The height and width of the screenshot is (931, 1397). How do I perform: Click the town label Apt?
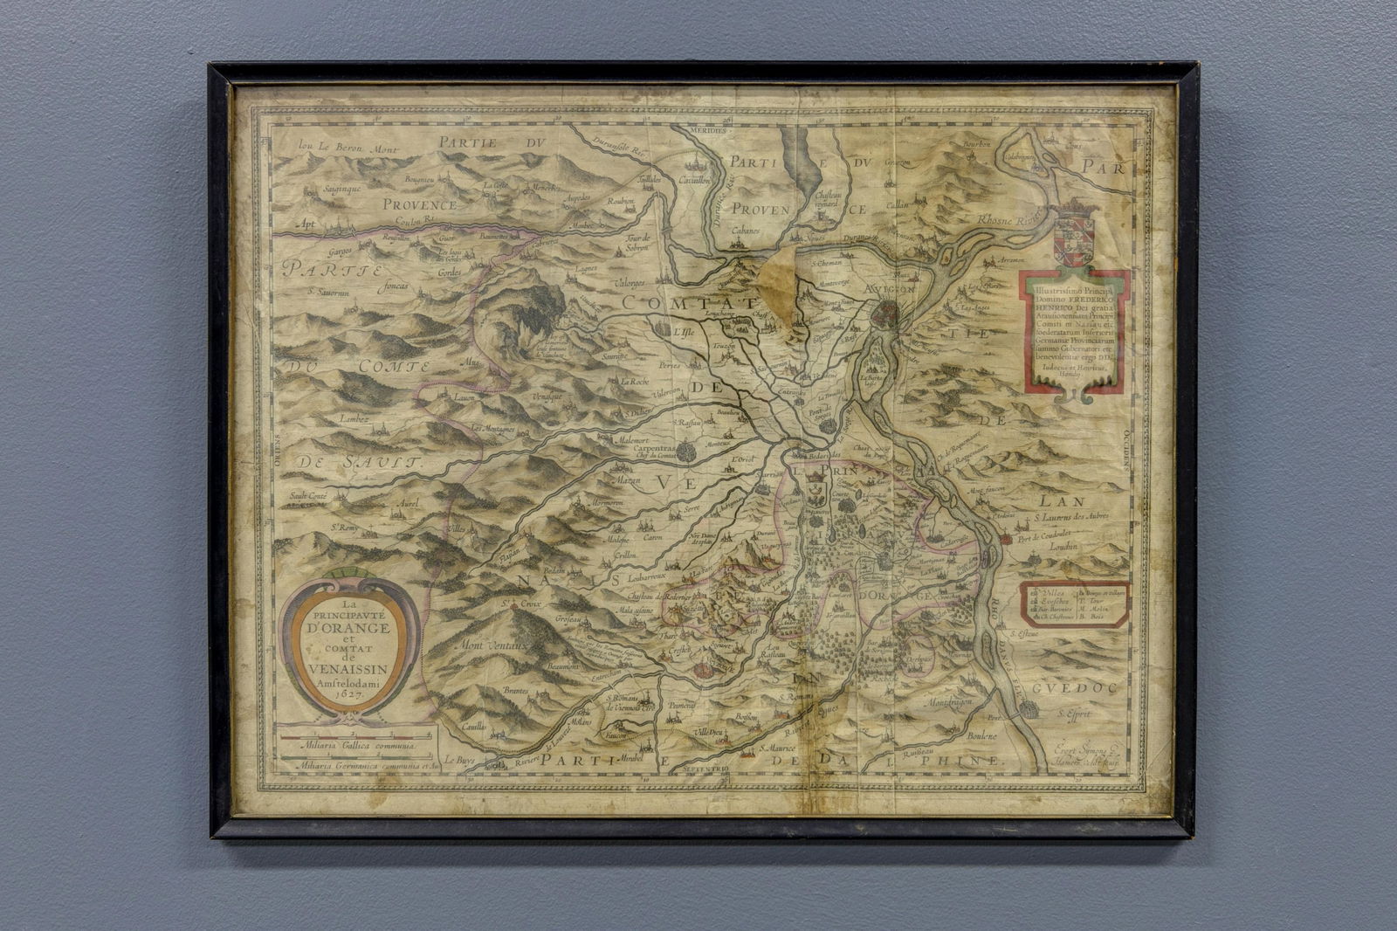[x=304, y=224]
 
